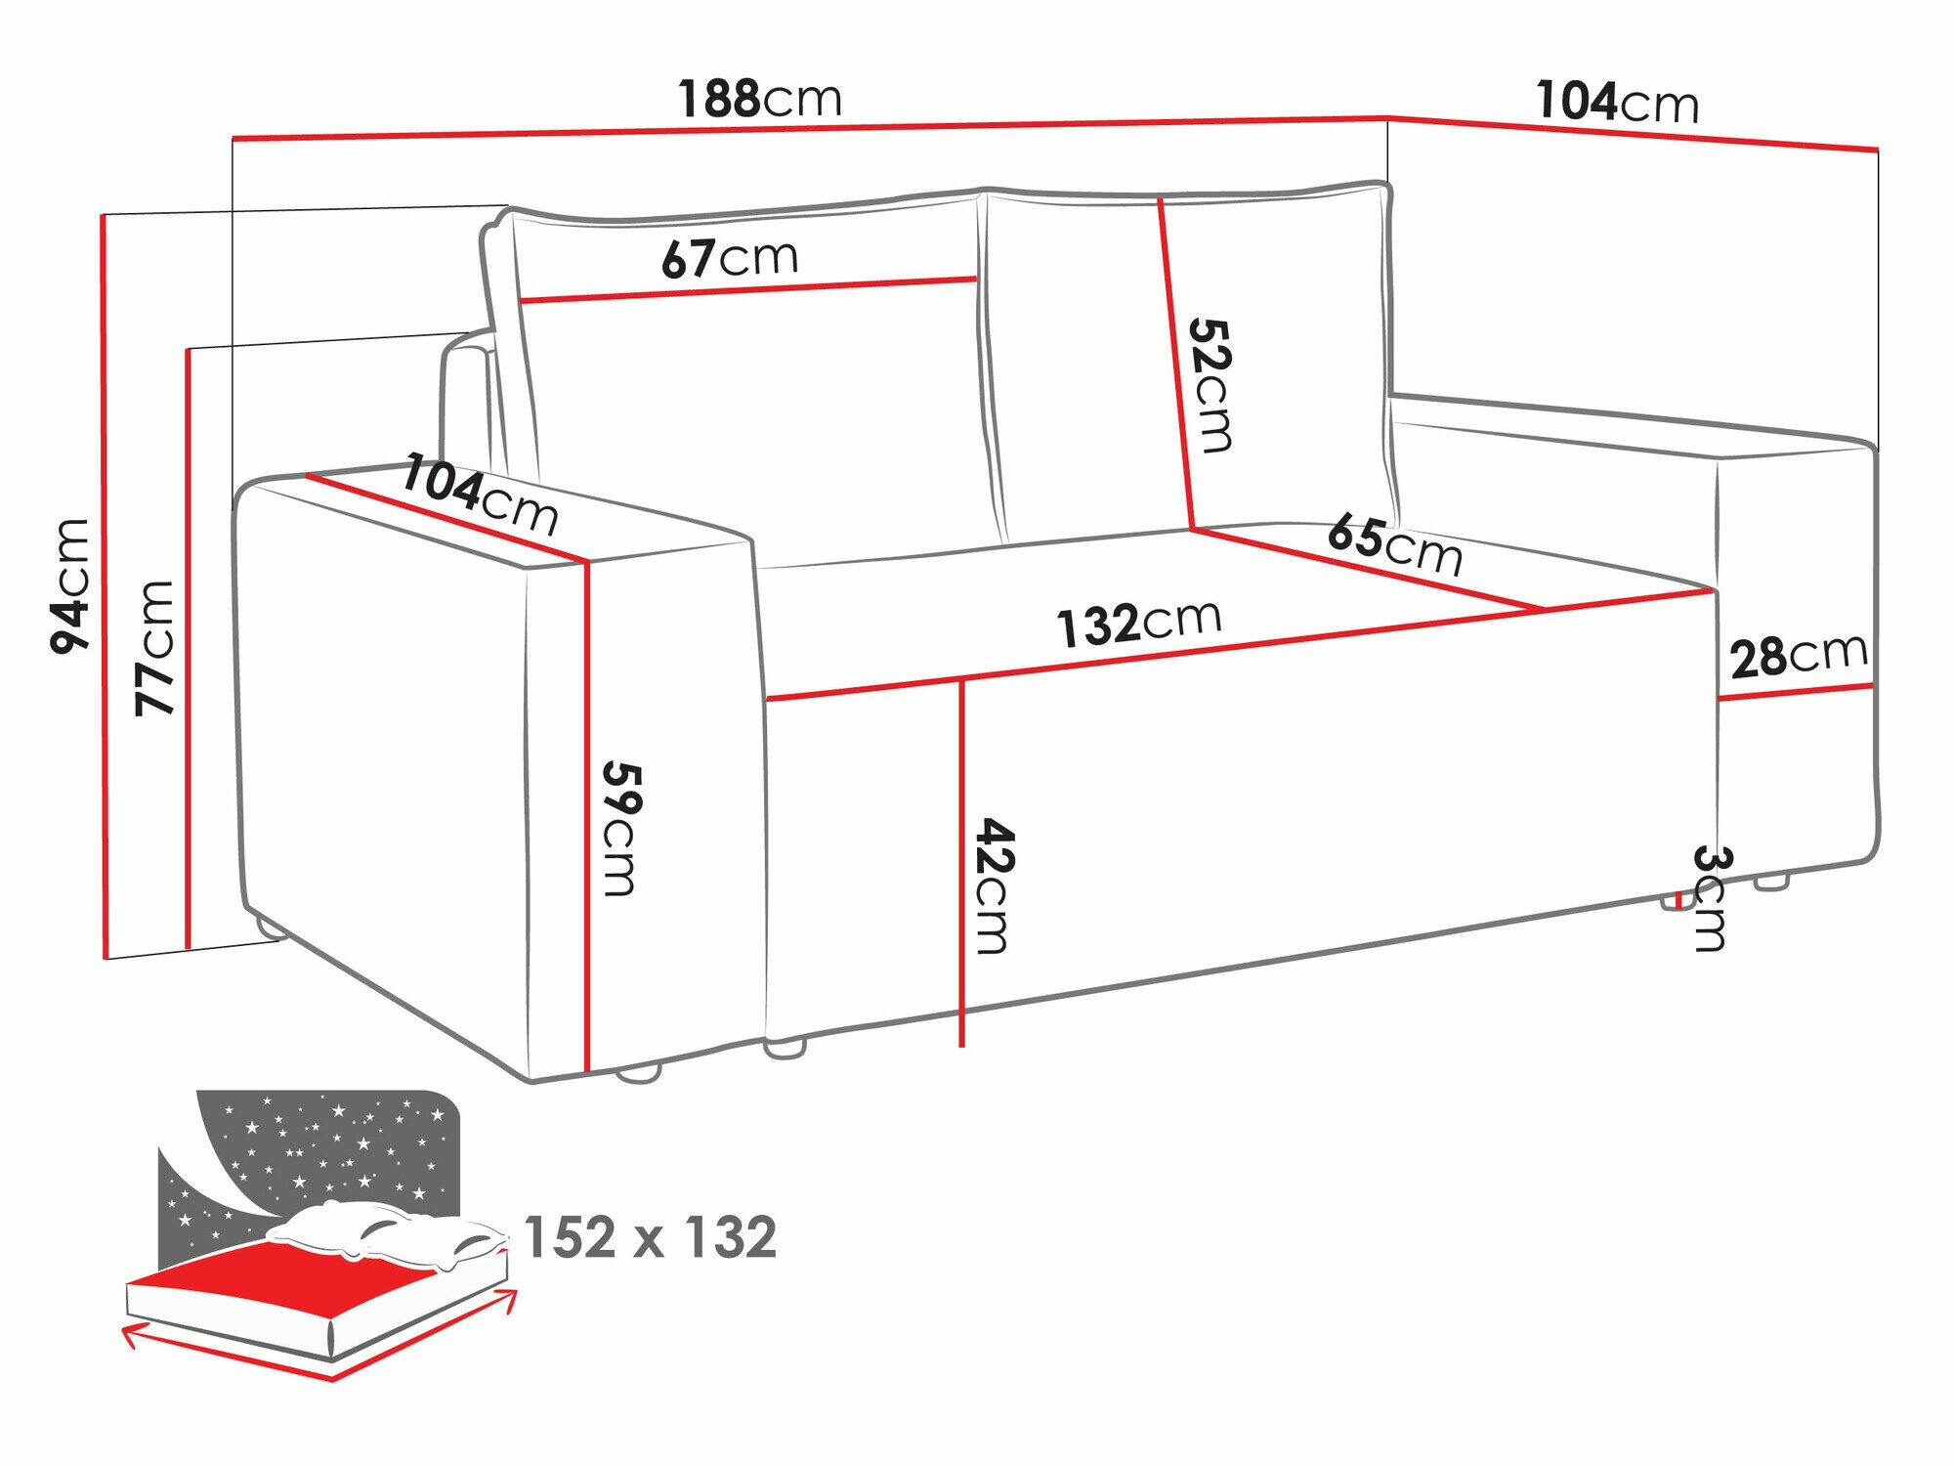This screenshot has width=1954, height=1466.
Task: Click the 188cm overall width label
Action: click(x=759, y=99)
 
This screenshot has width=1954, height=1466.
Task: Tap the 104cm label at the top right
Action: click(x=1617, y=102)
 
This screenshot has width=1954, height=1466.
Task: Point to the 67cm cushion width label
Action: click(x=729, y=258)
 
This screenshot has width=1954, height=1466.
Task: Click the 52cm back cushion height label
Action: click(x=1211, y=385)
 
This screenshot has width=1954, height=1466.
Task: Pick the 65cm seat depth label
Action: click(x=1394, y=544)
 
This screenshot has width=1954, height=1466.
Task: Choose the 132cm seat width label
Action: click(x=1138, y=623)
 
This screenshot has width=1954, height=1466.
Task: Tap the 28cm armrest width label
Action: click(x=1798, y=655)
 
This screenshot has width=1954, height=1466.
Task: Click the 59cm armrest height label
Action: click(x=619, y=828)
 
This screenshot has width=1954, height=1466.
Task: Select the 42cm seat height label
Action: click(x=995, y=885)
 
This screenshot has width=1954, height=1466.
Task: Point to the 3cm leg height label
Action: click(x=1711, y=898)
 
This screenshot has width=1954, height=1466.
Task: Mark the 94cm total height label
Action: click(x=70, y=586)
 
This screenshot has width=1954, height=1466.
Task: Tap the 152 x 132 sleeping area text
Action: click(x=650, y=1237)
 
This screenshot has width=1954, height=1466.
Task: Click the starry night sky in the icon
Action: click(x=332, y=1143)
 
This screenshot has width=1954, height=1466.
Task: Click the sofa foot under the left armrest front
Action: click(x=639, y=1073)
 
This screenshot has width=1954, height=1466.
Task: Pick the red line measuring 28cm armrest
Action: click(x=1795, y=692)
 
